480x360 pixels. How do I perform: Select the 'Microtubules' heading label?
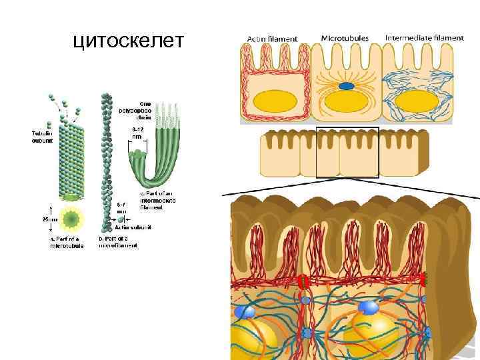click(x=345, y=38)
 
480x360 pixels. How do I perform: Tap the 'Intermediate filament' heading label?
click(x=423, y=38)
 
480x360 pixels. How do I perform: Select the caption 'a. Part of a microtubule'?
click(x=67, y=242)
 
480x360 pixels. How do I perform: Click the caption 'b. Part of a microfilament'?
click(x=118, y=241)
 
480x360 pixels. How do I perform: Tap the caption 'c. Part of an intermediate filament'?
click(x=154, y=200)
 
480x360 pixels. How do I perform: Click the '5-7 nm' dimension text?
click(x=121, y=207)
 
